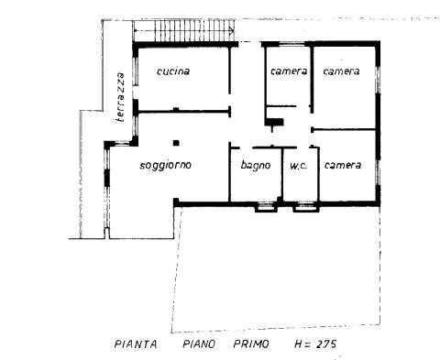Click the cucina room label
click(173, 71)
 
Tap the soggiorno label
click(165, 166)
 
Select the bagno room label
click(256, 166)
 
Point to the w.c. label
click(299, 166)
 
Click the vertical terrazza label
click(121, 97)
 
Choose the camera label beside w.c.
click(343, 165)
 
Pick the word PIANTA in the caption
click(136, 344)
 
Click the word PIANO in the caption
click(199, 344)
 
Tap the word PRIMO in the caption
click(251, 344)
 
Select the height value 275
click(326, 344)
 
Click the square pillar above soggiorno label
click(176, 143)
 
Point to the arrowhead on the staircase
click(232, 30)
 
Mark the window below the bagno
click(266, 207)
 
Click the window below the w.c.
click(306, 207)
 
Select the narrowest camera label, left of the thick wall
click(289, 71)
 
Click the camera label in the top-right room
click(341, 71)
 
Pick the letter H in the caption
click(299, 344)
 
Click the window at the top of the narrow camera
click(291, 44)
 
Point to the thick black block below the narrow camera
click(274, 122)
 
